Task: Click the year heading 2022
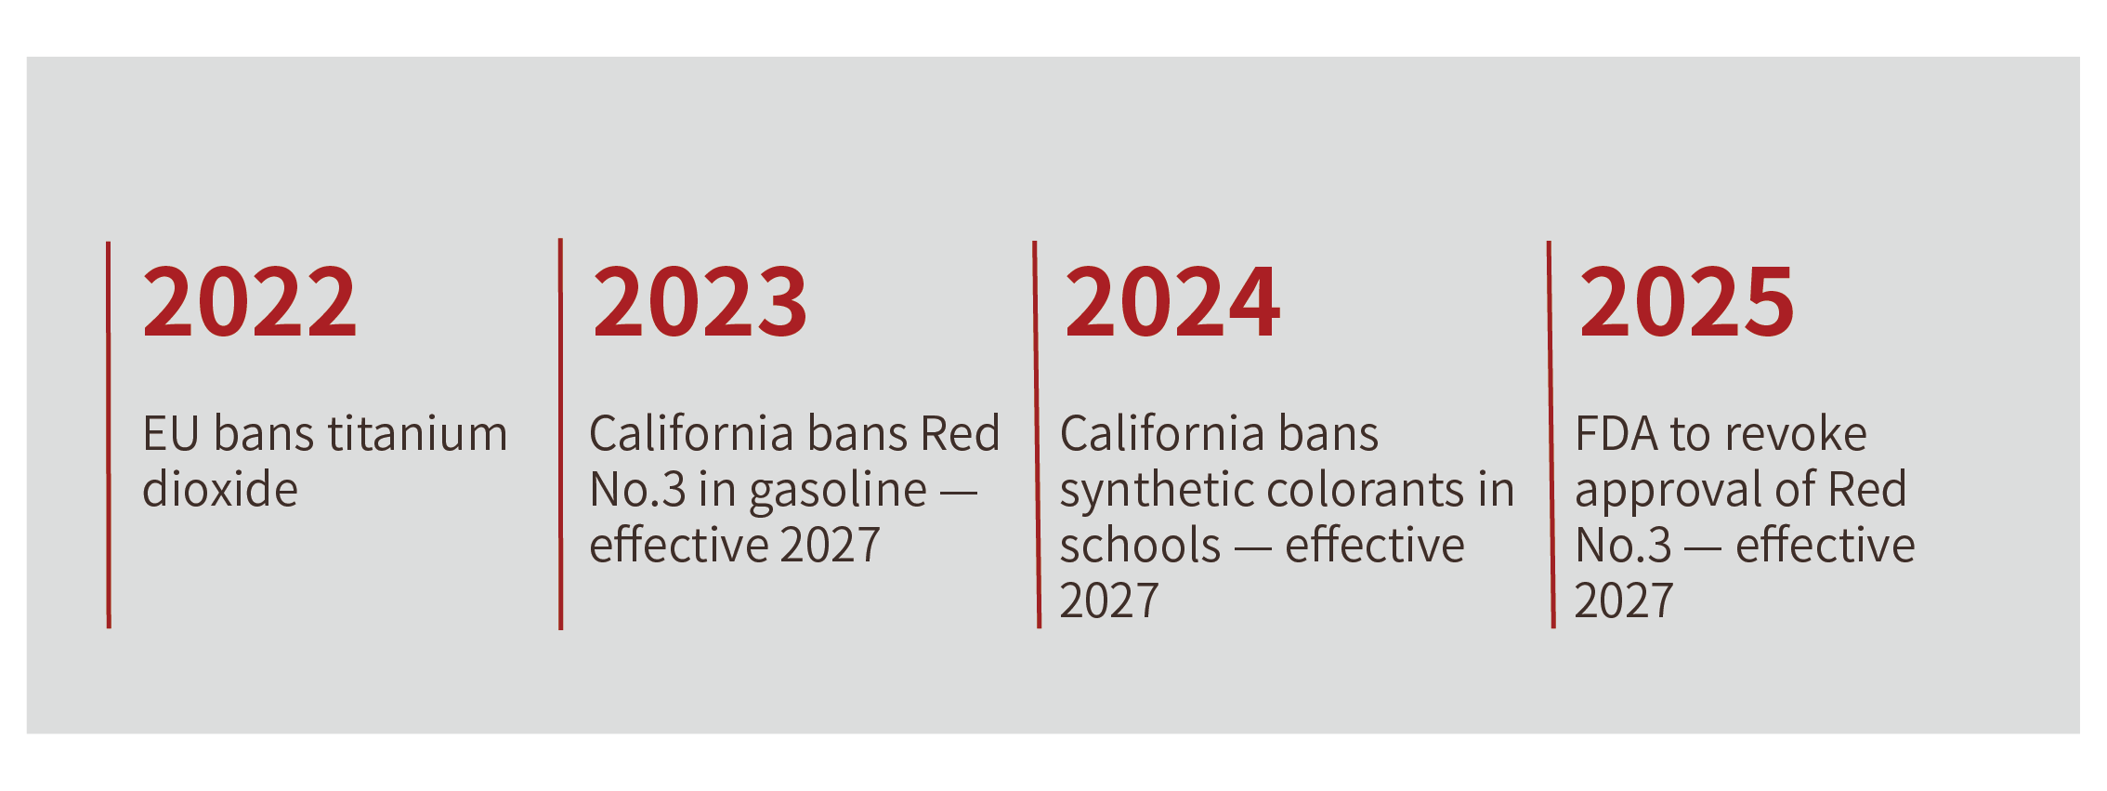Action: coord(250,301)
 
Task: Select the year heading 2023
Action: coord(700,301)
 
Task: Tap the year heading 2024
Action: coord(1172,301)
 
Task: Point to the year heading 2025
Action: coord(1687,301)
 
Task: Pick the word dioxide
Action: coord(220,489)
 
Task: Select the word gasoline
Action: coord(838,492)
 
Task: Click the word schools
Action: coord(1140,545)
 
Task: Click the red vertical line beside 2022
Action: coord(109,435)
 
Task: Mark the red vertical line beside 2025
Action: coord(1551,435)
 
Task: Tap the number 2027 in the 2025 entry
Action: coord(1624,600)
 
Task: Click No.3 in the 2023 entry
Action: coord(637,490)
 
